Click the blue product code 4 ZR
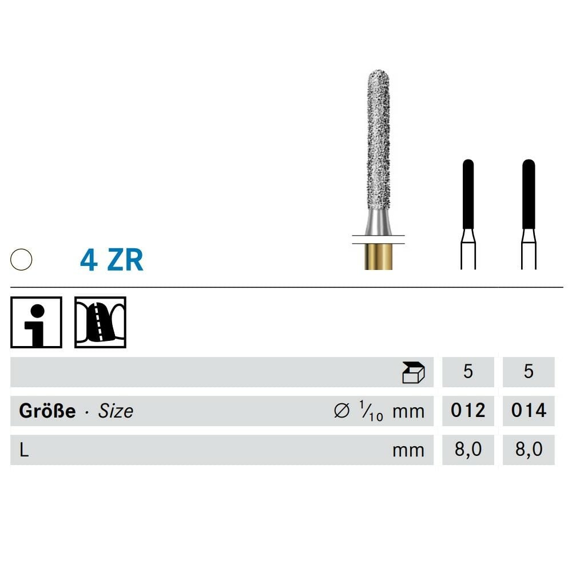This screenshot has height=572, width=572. [x=112, y=260]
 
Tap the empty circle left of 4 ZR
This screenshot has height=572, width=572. [x=21, y=260]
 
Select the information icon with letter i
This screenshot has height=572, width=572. [x=36, y=322]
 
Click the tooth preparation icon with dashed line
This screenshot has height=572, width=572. [x=100, y=322]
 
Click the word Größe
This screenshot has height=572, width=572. [x=47, y=411]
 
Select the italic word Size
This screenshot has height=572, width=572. [x=116, y=411]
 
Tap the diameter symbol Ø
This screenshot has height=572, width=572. [x=341, y=411]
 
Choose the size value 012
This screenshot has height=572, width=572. [x=468, y=411]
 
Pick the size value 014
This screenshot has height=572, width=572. [x=529, y=411]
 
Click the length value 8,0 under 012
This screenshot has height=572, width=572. [x=468, y=450]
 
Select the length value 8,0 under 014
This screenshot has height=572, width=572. [x=529, y=450]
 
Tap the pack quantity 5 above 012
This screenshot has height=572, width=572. [x=468, y=372]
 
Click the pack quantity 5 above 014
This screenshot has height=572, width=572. [x=529, y=372]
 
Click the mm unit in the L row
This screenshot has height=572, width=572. [x=408, y=450]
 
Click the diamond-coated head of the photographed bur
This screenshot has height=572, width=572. [x=378, y=143]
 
